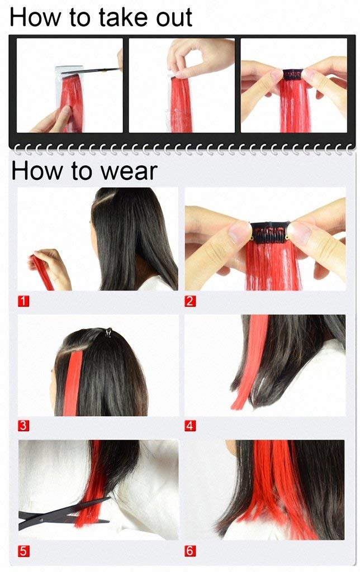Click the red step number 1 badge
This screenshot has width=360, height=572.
point(23,301)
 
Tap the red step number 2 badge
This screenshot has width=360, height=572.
point(190,301)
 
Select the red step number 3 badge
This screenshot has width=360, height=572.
point(23,426)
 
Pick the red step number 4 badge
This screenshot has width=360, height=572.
point(190,426)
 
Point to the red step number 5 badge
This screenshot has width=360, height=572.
point(23,551)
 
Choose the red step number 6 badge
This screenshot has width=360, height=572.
point(190,551)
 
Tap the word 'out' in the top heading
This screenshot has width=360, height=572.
point(174,18)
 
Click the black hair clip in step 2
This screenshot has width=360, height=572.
point(271,232)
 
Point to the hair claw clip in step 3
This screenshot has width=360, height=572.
point(108,332)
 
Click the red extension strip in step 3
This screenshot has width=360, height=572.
point(72,383)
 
